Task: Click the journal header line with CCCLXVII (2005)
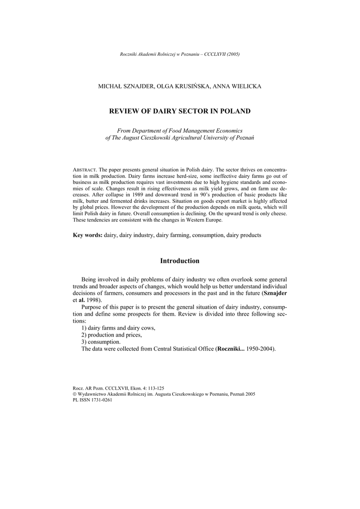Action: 180,54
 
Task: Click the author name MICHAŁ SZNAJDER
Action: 126,86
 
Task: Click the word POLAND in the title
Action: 233,111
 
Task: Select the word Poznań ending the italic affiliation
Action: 244,137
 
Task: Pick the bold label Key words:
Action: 88,235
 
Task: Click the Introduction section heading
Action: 180,261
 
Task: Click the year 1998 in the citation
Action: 93,301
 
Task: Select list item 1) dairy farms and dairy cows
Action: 118,328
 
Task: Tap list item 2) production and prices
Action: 111,335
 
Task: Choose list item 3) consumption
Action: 100,342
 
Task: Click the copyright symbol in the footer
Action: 75,394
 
